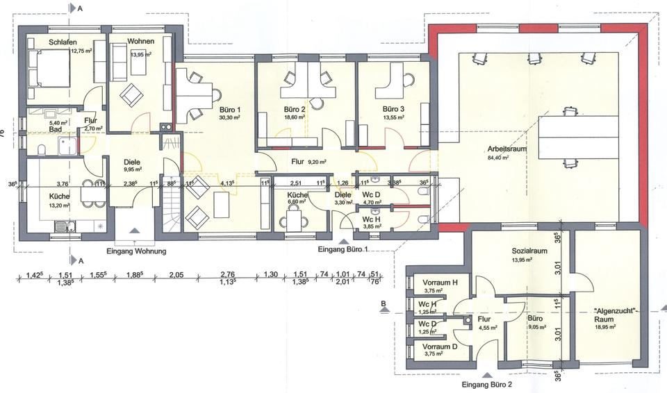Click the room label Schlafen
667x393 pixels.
pos(63,42)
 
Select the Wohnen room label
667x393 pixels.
pos(141,42)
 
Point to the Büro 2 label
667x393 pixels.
pos(295,110)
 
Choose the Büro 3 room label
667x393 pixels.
pos(393,110)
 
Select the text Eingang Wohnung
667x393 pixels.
pos(135,251)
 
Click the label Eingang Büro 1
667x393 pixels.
pos(343,249)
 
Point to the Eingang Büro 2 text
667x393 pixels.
pos(486,384)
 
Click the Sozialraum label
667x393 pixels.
pos(529,251)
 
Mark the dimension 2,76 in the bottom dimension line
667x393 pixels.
pos(228,275)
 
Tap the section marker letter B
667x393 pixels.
pos(383,303)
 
